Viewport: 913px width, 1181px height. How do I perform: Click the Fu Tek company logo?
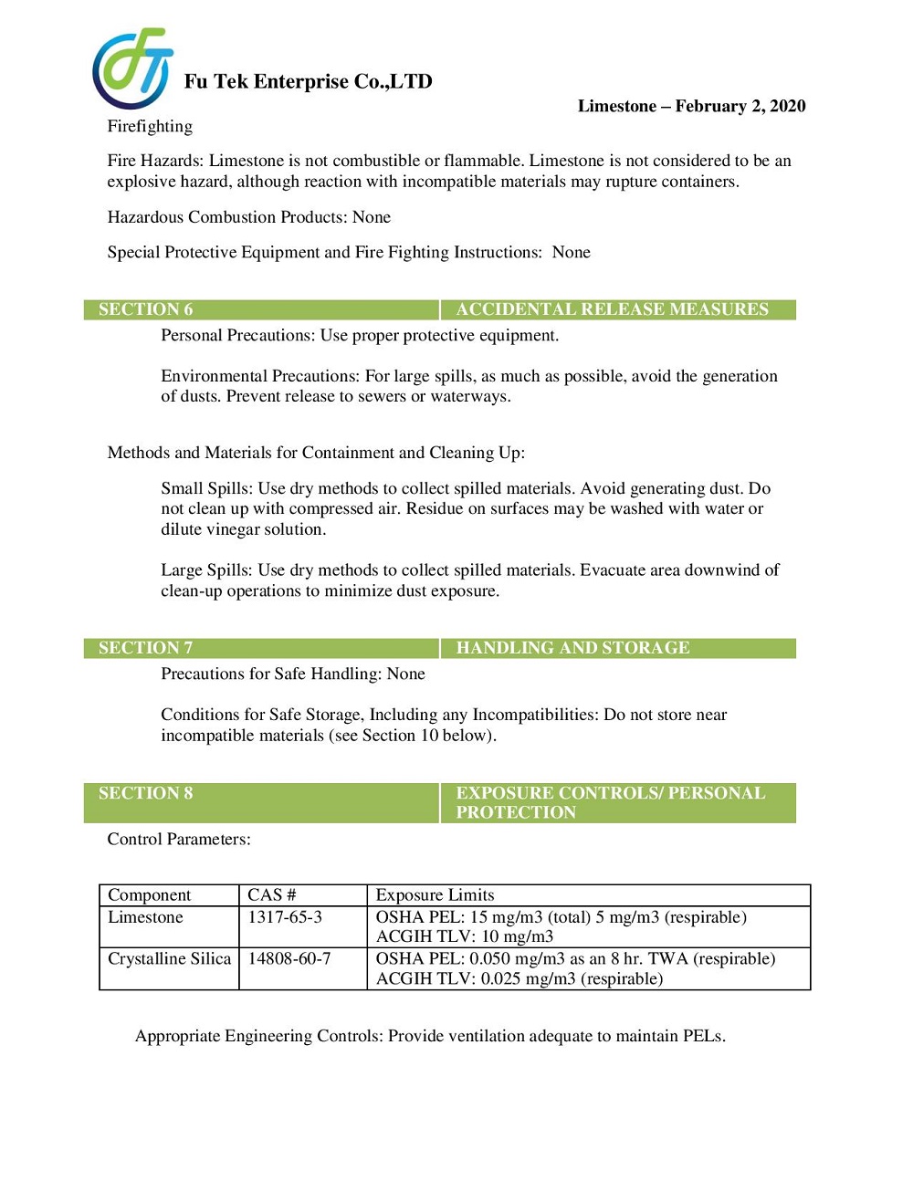pos(132,68)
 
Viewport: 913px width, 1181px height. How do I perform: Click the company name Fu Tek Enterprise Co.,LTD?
pos(308,82)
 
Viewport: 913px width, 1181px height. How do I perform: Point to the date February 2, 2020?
pos(740,106)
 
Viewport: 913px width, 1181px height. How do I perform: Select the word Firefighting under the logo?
pos(150,126)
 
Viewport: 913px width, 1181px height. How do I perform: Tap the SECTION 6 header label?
pos(145,309)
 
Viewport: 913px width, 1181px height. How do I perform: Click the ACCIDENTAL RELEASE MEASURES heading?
pos(612,309)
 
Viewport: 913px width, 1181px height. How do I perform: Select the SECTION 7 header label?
pos(145,648)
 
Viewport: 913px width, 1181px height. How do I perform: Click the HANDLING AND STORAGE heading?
pos(572,648)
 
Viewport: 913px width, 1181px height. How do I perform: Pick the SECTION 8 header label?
pos(145,793)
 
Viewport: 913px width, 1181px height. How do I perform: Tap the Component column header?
pos(149,895)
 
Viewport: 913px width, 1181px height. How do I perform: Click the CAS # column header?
pos(271,895)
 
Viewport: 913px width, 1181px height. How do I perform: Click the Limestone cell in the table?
pos(145,917)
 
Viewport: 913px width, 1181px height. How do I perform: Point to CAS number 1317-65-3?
pos(285,917)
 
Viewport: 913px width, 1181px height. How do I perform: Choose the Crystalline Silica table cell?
pos(169,958)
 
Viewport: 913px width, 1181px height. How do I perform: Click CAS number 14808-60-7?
pos(289,958)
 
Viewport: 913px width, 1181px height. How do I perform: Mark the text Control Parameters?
pos(179,839)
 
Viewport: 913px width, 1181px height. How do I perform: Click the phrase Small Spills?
pos(207,488)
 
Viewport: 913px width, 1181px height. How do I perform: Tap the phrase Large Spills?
pos(206,570)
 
